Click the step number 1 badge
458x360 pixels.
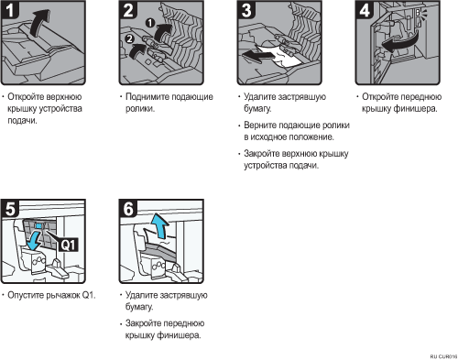tap(10, 10)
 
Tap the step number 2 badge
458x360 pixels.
tap(128, 10)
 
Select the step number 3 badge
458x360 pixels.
tap(246, 10)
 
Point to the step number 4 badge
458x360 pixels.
tap(365, 10)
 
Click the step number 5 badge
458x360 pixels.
tap(10, 209)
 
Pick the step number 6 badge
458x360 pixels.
tap(128, 209)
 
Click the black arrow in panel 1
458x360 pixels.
tap(39, 23)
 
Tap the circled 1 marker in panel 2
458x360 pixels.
tap(150, 23)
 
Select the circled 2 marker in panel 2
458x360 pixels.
tap(130, 38)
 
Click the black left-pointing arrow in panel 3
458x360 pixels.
tap(257, 56)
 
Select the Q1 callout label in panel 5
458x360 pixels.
tap(68, 245)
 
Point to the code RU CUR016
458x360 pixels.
tap(443, 356)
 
